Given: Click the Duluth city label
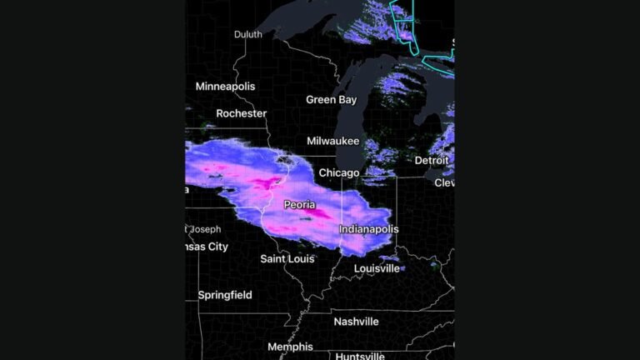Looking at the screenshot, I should coord(247,34).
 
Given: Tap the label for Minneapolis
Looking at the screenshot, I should coord(225,87).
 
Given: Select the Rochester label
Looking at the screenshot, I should coord(241,113).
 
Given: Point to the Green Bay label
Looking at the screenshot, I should coord(331,100).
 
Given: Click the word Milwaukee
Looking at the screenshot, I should coord(332,142).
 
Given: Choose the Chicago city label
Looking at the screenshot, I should coord(338,173).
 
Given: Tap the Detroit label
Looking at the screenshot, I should coord(432,160).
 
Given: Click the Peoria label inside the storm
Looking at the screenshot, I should coord(299,205).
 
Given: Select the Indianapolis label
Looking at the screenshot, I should coord(368,229).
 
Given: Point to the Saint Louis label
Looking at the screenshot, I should coord(287,259).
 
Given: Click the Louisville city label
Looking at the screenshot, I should coord(377,268).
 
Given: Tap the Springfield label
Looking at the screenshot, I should coord(225,295).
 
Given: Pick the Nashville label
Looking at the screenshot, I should coord(356,322).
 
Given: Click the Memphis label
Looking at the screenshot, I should coord(290,347).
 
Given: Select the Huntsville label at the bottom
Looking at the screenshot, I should coord(360,356).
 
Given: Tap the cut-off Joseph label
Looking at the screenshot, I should coord(205,229).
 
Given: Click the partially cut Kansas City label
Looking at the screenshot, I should coord(206,247).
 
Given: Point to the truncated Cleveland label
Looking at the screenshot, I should coord(444,182).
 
